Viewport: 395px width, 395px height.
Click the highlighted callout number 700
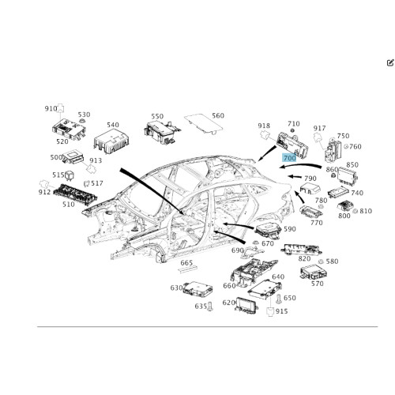(289, 158)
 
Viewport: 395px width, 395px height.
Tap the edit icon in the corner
(390, 62)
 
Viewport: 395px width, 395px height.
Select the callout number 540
(113, 125)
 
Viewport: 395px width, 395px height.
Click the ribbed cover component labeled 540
(111, 142)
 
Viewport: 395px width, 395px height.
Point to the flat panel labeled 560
(203, 123)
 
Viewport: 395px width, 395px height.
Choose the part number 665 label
(186, 263)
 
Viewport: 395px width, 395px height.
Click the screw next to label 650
(279, 299)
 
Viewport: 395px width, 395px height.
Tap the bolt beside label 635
(210, 307)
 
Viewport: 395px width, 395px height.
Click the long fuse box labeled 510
(75, 193)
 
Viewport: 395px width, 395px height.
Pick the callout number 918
(264, 126)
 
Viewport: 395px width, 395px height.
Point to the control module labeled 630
(198, 288)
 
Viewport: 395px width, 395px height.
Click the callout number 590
(290, 229)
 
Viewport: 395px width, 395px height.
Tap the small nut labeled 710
(292, 131)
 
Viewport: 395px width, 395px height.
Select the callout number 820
(304, 258)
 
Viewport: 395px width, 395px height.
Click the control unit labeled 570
(312, 272)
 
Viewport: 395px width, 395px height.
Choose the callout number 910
(51, 108)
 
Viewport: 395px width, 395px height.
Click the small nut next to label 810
(355, 211)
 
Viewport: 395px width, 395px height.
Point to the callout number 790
(310, 179)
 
